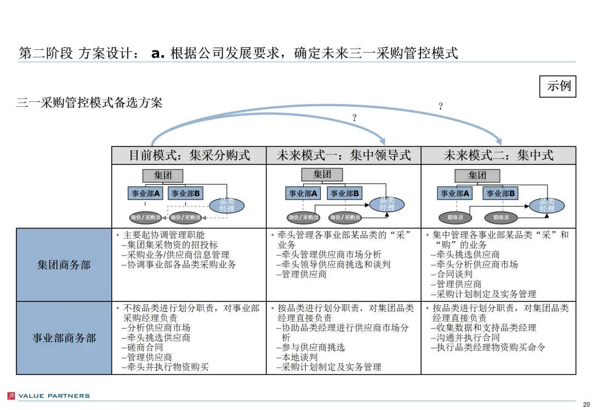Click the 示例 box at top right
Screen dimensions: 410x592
[558, 86]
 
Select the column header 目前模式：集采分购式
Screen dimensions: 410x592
[189, 156]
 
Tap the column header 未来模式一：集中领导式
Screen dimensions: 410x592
[344, 156]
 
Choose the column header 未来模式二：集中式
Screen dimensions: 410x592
[498, 156]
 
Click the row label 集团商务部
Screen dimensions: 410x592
[64, 265]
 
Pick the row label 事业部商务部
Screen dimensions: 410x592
[64, 338]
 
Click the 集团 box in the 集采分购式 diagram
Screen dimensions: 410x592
[163, 176]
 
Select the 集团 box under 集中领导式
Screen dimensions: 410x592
[322, 175]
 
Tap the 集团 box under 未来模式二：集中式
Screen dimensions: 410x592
[477, 176]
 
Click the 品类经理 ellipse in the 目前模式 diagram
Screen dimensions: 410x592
[227, 206]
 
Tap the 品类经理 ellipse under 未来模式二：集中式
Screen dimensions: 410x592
[547, 206]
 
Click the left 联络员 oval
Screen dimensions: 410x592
[456, 218]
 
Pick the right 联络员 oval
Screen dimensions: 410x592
[501, 218]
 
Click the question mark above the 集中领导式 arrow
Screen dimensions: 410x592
[354, 117]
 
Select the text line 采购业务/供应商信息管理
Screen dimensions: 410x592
[178, 255]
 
